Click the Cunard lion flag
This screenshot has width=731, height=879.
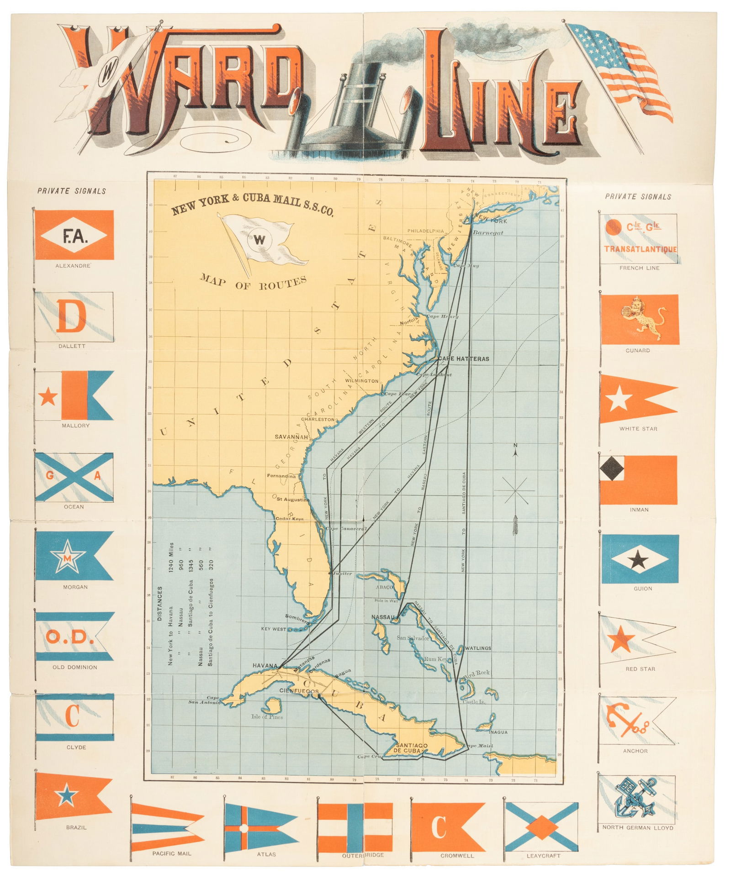(x=640, y=319)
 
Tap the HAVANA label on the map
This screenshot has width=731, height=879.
(x=265, y=666)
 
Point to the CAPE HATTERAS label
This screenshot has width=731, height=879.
(x=463, y=359)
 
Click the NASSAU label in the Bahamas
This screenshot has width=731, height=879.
(x=383, y=617)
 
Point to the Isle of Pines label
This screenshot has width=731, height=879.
(x=267, y=717)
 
